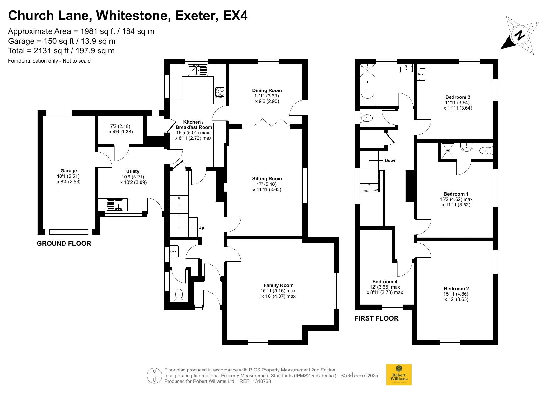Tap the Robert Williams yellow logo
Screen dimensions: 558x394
point(399,375)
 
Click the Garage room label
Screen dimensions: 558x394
point(69,171)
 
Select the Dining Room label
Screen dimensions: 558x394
point(267,90)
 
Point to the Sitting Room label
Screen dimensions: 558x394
point(267,179)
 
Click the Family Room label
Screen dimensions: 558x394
point(279,285)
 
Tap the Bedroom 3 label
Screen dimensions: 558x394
point(458,97)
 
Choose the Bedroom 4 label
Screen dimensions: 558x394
point(385,282)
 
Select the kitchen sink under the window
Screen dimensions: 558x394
point(198,70)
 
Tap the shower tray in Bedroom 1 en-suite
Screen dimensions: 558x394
point(449,150)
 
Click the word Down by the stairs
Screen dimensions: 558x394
point(390,160)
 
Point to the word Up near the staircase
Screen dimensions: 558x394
point(201,227)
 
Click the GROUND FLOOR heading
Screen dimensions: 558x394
point(64,244)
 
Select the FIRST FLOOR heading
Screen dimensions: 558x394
point(376,318)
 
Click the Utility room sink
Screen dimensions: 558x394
point(115,204)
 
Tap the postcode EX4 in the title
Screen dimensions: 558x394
point(235,15)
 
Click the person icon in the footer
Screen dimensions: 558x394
point(155,376)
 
